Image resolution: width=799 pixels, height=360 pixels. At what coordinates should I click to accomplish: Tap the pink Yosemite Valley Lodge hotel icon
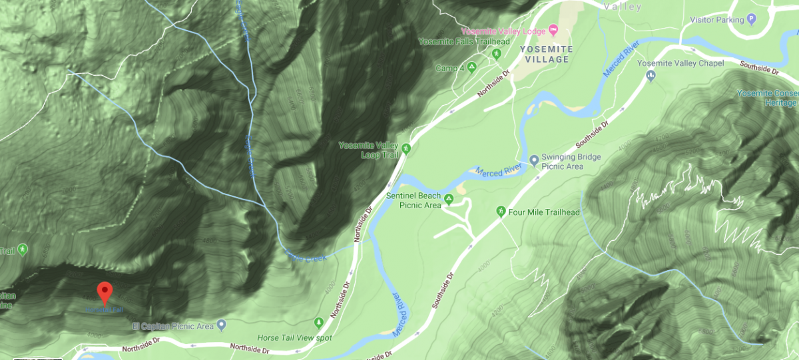point(553,31)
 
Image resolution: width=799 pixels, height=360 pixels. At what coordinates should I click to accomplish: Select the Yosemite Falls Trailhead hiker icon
point(497,53)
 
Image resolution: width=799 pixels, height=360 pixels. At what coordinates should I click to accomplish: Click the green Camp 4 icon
point(471,67)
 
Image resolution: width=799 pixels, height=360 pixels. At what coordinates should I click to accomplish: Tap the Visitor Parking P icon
point(752,19)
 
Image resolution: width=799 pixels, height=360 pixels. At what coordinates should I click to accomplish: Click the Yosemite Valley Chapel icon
point(651,76)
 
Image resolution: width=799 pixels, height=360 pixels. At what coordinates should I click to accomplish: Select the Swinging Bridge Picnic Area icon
point(534,160)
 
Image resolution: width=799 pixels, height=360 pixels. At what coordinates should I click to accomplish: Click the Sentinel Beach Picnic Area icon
point(449,198)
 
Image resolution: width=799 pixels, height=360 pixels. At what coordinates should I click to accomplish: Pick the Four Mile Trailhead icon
point(501,212)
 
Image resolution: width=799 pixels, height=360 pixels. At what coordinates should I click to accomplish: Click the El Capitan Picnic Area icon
point(222,325)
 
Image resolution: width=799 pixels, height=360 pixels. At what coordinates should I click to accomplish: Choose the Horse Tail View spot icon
point(319,322)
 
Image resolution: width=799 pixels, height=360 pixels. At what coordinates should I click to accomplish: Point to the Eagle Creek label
point(307,254)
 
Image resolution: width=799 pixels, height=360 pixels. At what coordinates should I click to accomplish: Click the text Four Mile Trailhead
point(545,212)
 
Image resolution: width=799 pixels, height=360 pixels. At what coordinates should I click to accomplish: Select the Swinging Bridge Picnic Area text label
point(571,161)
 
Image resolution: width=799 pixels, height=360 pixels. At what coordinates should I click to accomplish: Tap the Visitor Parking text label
point(716,20)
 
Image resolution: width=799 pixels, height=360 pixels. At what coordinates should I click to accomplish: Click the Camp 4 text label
point(448,68)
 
